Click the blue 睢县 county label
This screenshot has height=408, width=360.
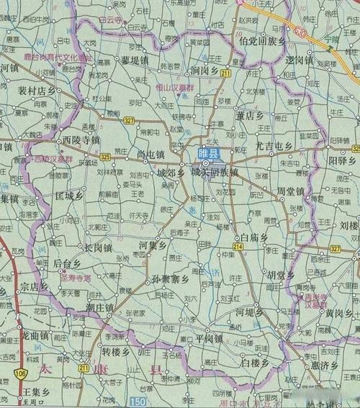tap(211, 154)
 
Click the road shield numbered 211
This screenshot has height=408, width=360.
tap(226, 73)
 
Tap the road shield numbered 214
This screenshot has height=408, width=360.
tap(238, 246)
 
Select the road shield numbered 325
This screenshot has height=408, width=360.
tap(106, 156)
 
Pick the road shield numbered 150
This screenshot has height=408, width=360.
tap(138, 399)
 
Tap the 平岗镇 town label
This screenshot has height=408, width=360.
tap(209, 338)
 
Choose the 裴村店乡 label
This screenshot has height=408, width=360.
tap(37, 91)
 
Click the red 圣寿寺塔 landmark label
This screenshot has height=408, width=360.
tap(75, 277)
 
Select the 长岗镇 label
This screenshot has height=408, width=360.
tap(97, 248)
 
